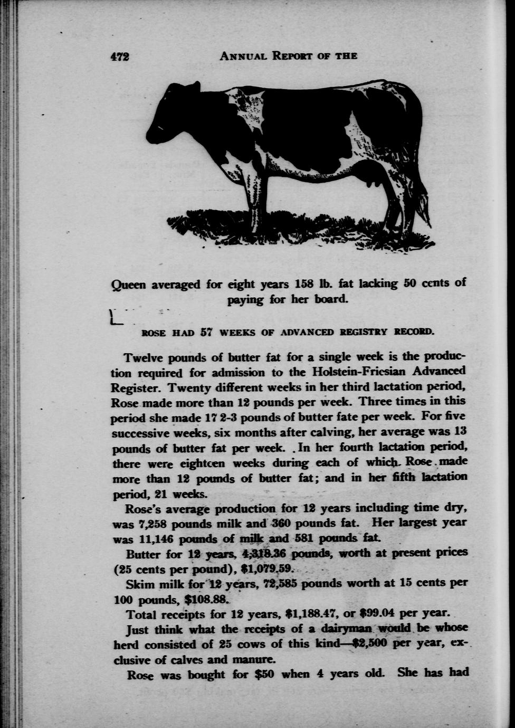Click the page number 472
click(x=120, y=57)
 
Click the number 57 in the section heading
click(x=206, y=333)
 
